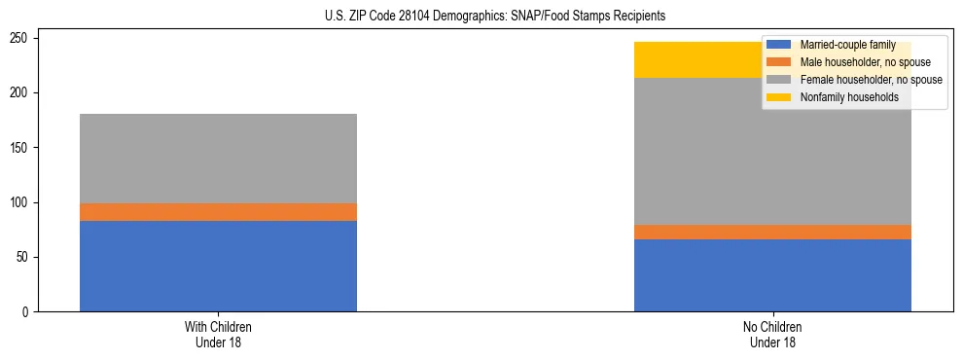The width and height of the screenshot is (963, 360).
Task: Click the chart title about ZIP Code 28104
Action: click(481, 17)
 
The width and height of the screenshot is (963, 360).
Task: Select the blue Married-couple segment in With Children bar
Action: click(218, 266)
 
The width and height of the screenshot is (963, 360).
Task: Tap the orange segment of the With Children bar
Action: click(218, 212)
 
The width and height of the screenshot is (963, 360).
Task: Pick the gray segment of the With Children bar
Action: click(218, 159)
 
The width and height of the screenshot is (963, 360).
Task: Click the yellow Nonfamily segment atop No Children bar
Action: click(695, 60)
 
